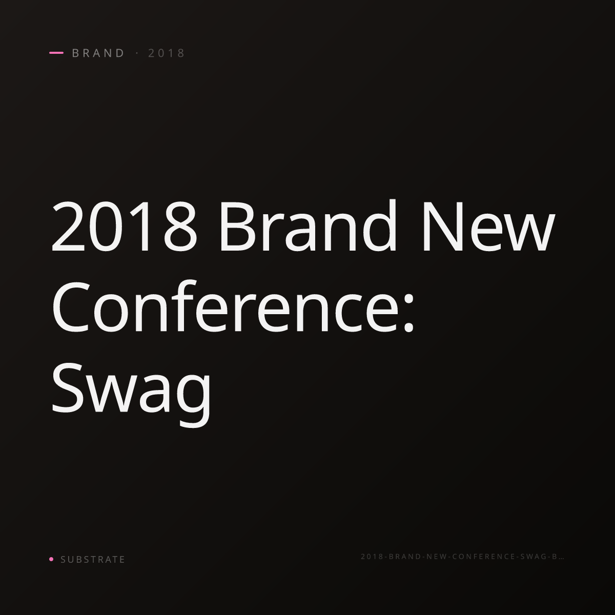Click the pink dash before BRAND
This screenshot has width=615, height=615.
click(56, 53)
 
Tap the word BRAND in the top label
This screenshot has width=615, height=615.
click(98, 53)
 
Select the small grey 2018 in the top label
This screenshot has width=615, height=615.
click(167, 53)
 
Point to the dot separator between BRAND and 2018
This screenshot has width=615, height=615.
click(137, 53)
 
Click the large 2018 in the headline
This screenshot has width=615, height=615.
click(125, 227)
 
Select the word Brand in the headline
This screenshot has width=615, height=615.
click(308, 225)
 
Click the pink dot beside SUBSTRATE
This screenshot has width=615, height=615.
click(51, 559)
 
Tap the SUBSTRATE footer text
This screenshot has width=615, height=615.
click(93, 559)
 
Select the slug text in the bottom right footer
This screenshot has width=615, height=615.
click(462, 557)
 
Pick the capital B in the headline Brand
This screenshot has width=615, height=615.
click(236, 227)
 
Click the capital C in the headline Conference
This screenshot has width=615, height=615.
click(70, 306)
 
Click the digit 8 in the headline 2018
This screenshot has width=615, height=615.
click(182, 227)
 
